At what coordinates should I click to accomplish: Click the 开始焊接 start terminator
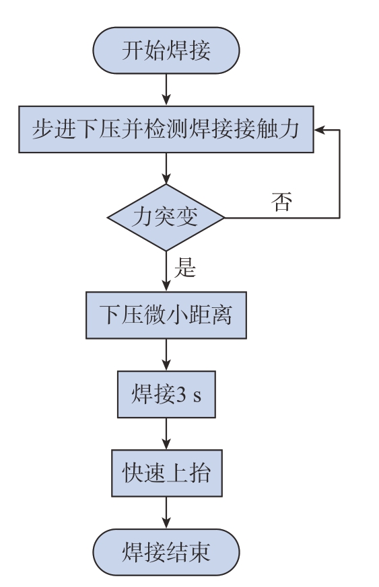click(x=166, y=50)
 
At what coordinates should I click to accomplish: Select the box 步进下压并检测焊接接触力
click(x=166, y=130)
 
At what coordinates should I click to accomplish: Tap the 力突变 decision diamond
click(x=166, y=217)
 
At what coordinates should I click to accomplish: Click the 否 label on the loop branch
click(x=281, y=202)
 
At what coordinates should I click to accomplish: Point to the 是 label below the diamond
click(x=185, y=268)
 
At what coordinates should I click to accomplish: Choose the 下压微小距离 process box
click(x=166, y=315)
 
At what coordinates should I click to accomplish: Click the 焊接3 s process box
click(x=166, y=394)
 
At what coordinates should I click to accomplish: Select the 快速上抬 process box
click(x=167, y=473)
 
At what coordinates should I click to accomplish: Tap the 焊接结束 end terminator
click(x=166, y=552)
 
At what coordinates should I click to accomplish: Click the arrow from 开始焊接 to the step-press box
click(x=166, y=90)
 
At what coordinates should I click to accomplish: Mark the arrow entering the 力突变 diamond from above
click(x=166, y=169)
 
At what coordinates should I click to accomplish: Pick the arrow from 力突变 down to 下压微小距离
click(x=166, y=272)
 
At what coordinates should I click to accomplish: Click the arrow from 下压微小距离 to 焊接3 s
click(x=166, y=355)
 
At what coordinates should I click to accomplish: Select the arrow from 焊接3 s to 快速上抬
click(x=166, y=434)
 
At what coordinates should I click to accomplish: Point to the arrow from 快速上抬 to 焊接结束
click(x=166, y=512)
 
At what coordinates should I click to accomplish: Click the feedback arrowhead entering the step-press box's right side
click(x=319, y=130)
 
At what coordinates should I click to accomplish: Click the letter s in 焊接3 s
click(x=197, y=397)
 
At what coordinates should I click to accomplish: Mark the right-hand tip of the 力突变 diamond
click(x=225, y=217)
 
